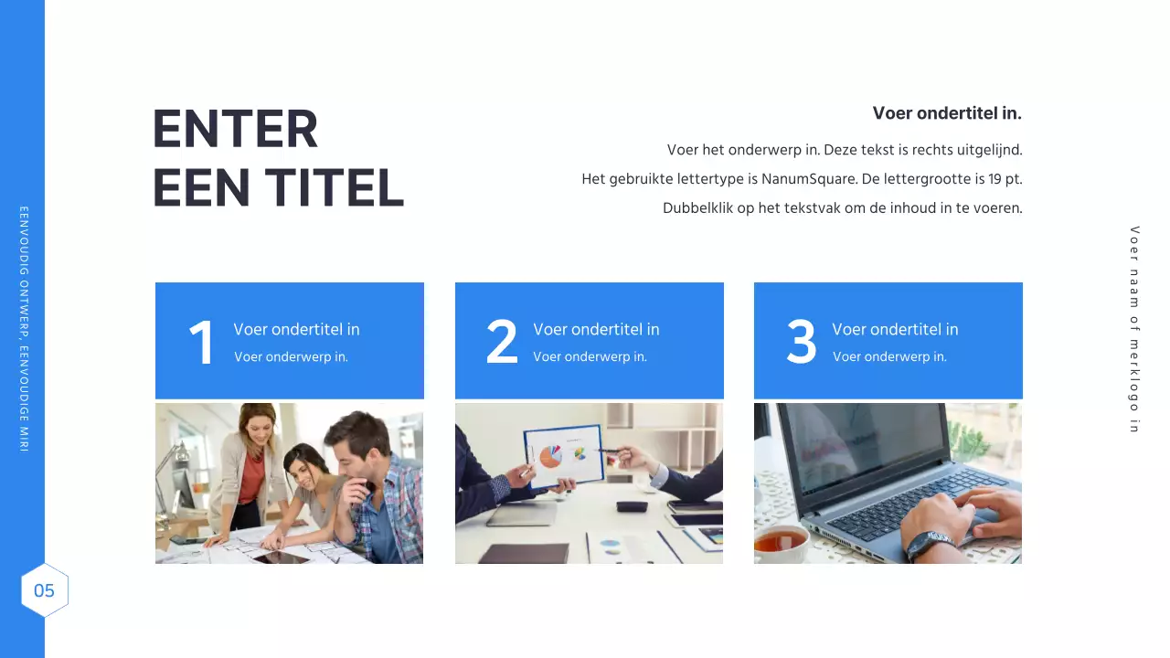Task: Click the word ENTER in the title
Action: [x=235, y=129]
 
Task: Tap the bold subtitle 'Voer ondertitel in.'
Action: [x=946, y=113]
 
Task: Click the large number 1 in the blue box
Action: [x=201, y=344]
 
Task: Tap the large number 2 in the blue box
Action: [x=502, y=344]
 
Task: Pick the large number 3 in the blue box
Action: [x=802, y=344]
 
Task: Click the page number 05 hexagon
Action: [x=45, y=590]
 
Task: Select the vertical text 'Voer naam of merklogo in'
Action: [x=1134, y=329]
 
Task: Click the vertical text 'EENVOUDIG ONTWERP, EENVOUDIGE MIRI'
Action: [x=24, y=329]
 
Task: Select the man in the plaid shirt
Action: [x=369, y=484]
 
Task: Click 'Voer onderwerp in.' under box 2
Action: [x=590, y=357]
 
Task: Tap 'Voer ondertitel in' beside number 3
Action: [x=895, y=330]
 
